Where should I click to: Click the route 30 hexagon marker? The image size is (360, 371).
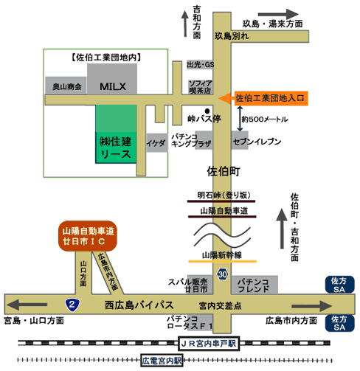pos(223,274)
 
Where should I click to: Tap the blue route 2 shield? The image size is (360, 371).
pos(72,305)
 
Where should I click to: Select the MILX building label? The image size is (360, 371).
pos(113,86)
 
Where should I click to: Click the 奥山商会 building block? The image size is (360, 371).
pos(66,86)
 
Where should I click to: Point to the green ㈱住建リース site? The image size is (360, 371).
pos(116,134)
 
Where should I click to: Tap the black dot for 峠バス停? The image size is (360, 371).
pos(207,111)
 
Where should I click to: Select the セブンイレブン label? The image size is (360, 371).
pos(257,142)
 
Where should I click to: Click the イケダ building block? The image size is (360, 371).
pos(157,143)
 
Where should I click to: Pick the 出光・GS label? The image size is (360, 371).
pos(201,65)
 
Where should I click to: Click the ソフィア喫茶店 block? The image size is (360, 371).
pos(200,87)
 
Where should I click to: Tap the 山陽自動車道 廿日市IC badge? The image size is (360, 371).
pos(88,236)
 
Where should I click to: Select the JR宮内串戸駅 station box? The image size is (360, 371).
pos(209,344)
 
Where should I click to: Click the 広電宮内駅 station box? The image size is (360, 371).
pos(162,361)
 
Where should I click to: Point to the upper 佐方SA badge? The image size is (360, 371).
pos(340,285)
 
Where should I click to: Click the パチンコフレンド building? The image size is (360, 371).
pos(255,285)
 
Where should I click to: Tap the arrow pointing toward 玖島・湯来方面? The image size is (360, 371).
pos(278,14)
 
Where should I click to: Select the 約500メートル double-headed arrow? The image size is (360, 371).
pos(240,119)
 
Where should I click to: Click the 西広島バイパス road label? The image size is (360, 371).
pos(139,305)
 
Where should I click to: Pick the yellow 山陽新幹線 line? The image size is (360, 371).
pos(223,261)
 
